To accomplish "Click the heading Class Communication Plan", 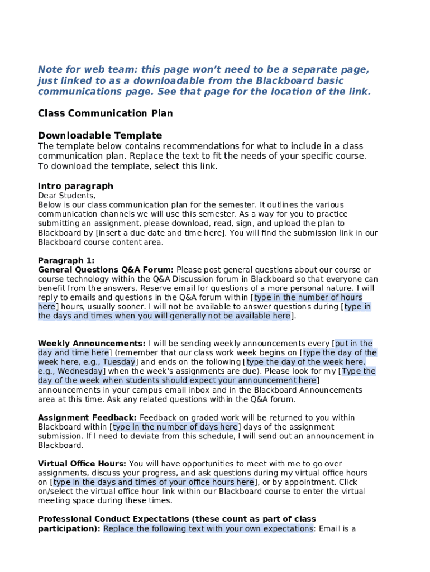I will [105, 113].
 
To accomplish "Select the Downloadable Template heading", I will [100, 135].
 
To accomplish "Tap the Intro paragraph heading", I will [75, 186].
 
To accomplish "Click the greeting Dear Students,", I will [66, 196].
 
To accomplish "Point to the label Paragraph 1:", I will [66, 260].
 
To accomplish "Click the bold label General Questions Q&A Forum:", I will [106, 270].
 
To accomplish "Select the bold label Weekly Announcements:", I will [92, 344].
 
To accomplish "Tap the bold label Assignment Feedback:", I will [87, 418].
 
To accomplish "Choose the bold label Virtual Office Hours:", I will [82, 464].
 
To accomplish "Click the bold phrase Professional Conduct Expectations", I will [115, 519].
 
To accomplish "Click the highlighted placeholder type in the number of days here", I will [175, 427].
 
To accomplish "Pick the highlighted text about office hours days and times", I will [154, 482].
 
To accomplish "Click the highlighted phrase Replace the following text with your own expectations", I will [208, 528].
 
